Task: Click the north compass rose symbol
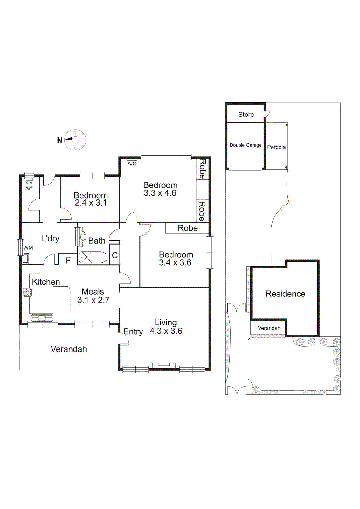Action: pos(75,140)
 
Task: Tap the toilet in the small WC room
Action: pos(29,184)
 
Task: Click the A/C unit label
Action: pos(132,164)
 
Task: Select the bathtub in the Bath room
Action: pos(93,257)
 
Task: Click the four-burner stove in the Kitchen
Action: pos(27,292)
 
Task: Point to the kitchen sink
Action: pos(42,317)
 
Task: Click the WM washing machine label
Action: pos(28,248)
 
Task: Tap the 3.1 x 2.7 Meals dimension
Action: pos(93,300)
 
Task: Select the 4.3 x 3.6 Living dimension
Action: pos(166,331)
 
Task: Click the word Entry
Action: pos(133,331)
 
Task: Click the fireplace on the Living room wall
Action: pos(163,365)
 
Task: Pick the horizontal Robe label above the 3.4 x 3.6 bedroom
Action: pos(188,228)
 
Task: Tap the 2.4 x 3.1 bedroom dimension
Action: pos(91,203)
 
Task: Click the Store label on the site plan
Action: pos(246,115)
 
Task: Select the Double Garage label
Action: pos(246,145)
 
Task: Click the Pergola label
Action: pos(276,147)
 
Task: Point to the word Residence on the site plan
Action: pos(285,294)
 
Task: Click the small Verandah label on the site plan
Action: pos(269,328)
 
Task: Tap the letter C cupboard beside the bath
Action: pos(115,255)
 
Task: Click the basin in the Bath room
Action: pos(82,237)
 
